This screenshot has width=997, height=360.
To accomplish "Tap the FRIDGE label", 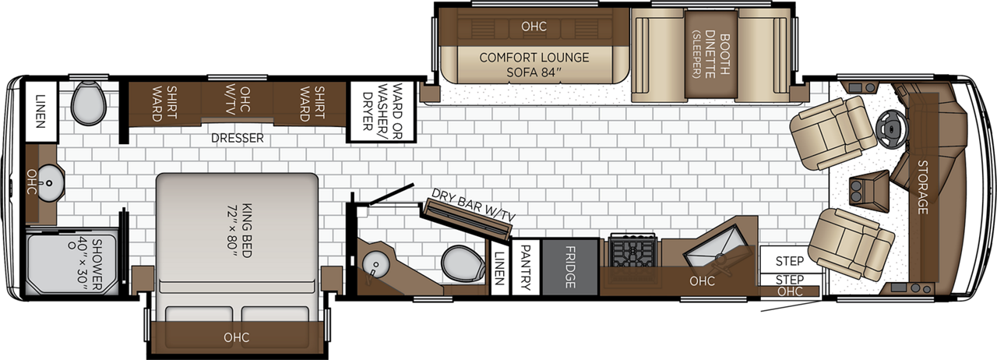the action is point(570,266).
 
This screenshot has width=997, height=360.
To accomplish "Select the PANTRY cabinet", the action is point(526,267).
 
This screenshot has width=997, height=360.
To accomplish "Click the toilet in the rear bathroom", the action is point(89,104).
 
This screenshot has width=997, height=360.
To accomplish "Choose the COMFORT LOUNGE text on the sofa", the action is point(534,58).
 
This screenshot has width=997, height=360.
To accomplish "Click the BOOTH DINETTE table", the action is point(711,54).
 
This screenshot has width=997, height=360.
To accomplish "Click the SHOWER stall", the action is point(72,262).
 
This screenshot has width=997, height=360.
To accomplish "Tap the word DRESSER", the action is point(238,138).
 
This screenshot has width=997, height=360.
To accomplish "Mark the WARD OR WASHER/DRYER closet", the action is point(382,111).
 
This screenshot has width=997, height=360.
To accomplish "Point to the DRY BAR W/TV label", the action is point(473,206).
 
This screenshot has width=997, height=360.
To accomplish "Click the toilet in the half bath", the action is point(463,263).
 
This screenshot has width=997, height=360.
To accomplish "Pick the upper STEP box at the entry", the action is point(790,259).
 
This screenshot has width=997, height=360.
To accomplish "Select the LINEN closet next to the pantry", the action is point(500,267).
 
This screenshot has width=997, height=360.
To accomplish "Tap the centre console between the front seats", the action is point(868,191).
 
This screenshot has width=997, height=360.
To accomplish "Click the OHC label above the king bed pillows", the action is point(236,337).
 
